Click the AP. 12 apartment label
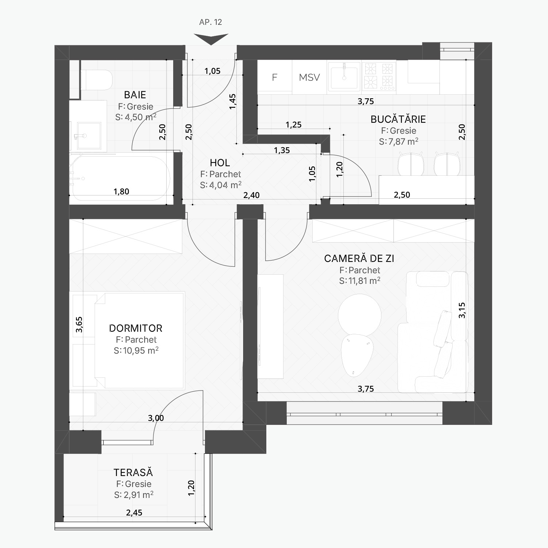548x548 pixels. tap(210, 22)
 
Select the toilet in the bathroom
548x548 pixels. tap(96, 80)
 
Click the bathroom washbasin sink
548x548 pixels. tap(89, 136)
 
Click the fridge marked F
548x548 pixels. tap(275, 77)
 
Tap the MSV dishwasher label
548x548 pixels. tap(309, 77)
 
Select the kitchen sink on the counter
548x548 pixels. tap(344, 76)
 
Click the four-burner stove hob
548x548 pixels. tap(379, 76)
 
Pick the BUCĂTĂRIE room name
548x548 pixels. tap(398, 119)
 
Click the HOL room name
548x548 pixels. tap(220, 163)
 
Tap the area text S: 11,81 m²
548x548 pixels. tap(359, 281)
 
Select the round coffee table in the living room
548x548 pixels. tap(359, 315)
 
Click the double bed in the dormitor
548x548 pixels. tap(139, 340)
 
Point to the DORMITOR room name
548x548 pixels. tap(136, 328)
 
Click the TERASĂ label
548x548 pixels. tap(133, 472)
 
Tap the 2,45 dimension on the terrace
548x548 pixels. tap(134, 513)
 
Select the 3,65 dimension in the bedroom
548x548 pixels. tap(79, 324)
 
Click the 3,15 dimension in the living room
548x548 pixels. tap(462, 310)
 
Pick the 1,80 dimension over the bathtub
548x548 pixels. tap(121, 191)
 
